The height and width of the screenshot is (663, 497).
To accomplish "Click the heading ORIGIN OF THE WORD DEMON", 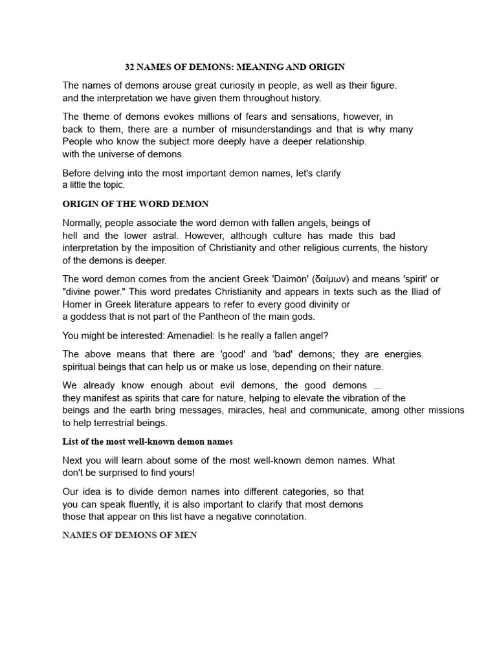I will (135, 204).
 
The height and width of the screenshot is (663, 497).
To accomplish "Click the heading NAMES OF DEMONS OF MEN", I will (129, 535).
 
